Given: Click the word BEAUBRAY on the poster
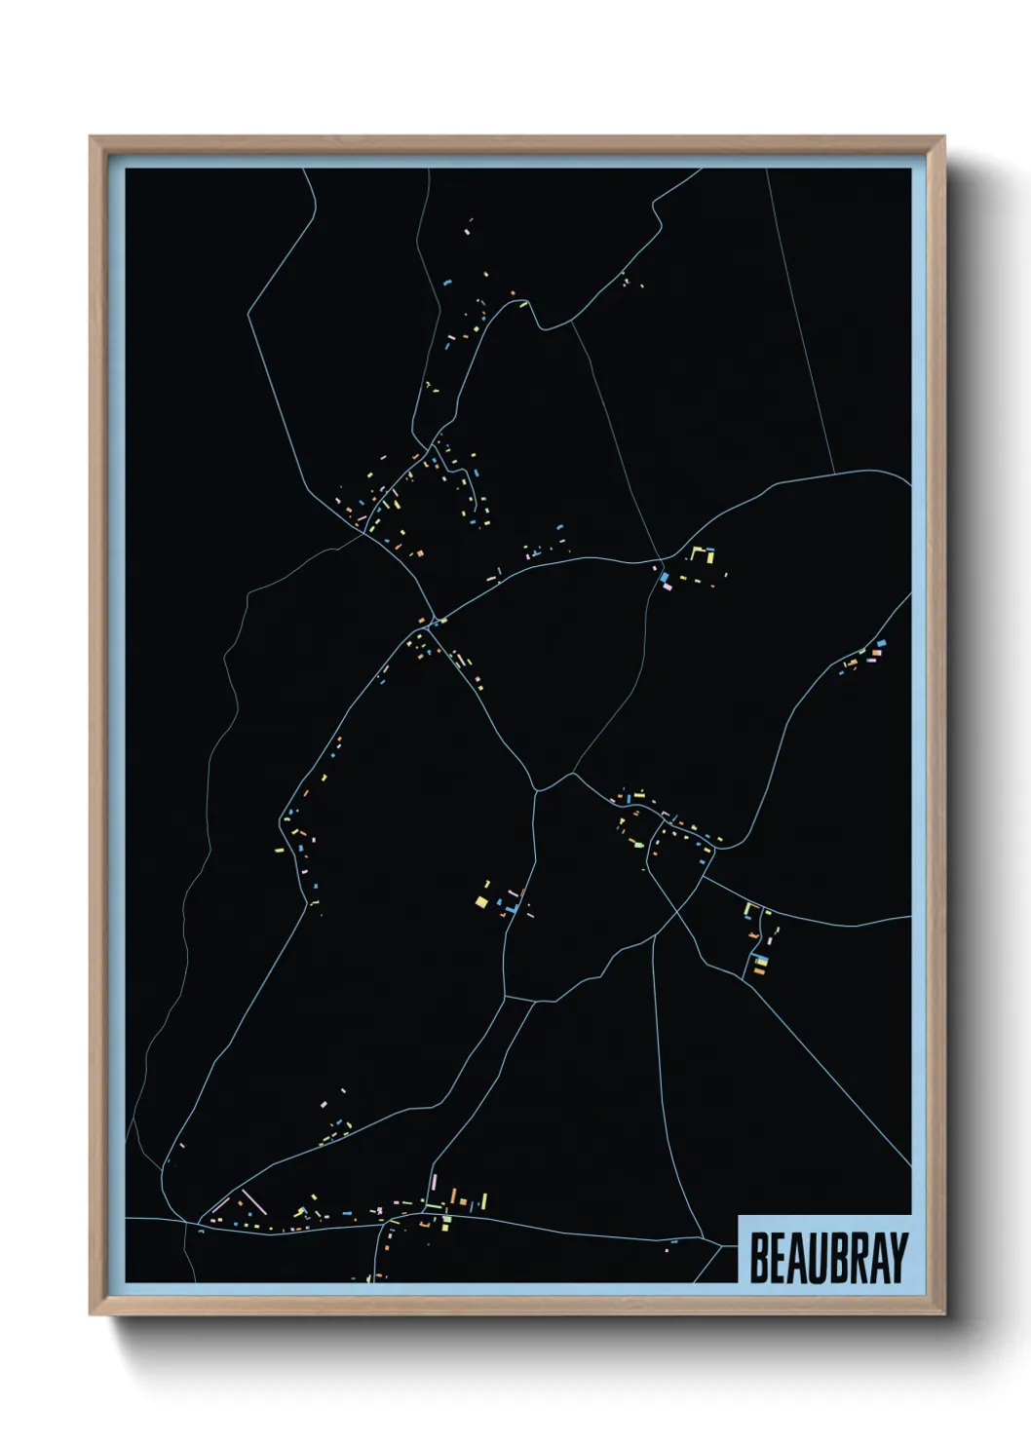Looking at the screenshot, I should (x=827, y=1258).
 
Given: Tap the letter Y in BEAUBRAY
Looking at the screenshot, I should (x=897, y=1258).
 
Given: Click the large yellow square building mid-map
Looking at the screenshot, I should (x=481, y=899).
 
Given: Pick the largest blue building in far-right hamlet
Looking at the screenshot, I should (x=881, y=644).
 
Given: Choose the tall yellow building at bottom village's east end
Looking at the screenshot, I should (x=483, y=1199).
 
